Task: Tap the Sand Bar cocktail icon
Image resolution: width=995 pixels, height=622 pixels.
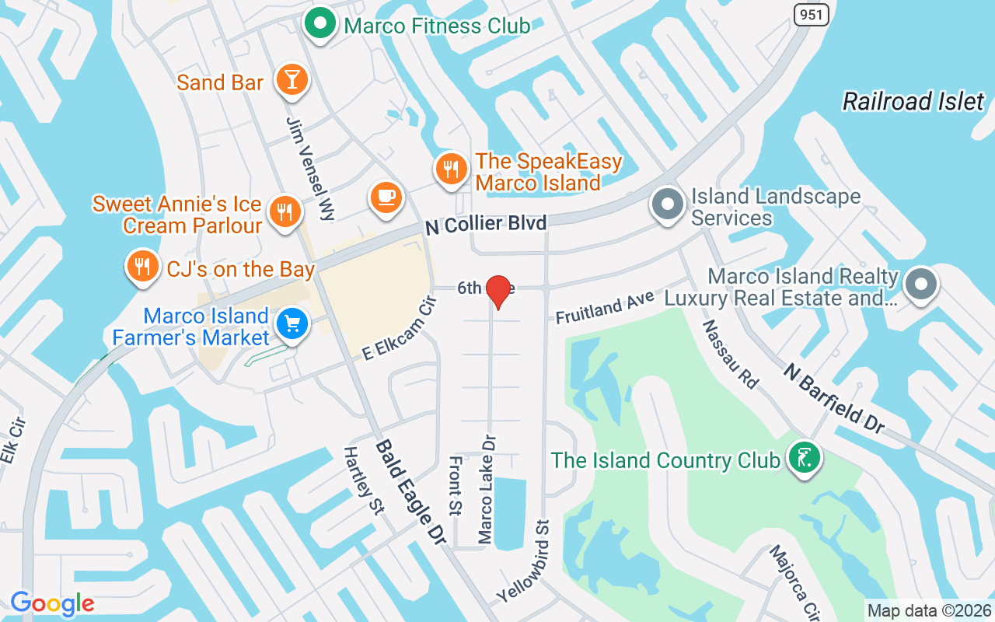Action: tap(292, 80)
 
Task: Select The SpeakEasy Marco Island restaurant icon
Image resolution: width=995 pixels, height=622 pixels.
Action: tap(450, 169)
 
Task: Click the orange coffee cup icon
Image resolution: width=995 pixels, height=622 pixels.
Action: tap(386, 196)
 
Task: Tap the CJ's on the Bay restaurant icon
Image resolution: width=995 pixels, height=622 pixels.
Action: tap(141, 267)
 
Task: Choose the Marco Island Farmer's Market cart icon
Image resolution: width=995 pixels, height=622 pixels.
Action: tap(292, 323)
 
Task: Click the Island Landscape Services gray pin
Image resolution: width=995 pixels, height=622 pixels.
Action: tap(667, 204)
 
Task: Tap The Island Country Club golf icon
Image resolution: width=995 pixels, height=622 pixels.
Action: tap(805, 457)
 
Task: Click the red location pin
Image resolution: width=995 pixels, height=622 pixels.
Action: tap(497, 290)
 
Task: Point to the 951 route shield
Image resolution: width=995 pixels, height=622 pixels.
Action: tap(811, 13)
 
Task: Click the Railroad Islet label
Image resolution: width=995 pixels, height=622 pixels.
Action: tap(913, 101)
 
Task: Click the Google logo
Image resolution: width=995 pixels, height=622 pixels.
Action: tap(52, 603)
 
